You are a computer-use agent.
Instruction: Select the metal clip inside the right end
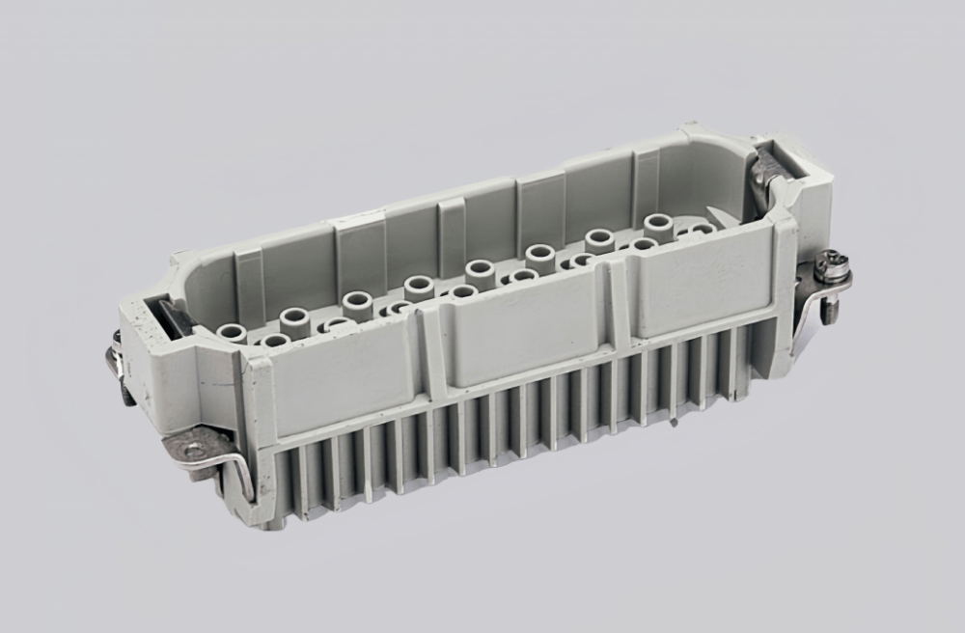(769, 174)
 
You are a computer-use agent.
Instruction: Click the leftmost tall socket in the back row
(232, 333)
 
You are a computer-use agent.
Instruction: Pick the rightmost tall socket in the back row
(659, 224)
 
